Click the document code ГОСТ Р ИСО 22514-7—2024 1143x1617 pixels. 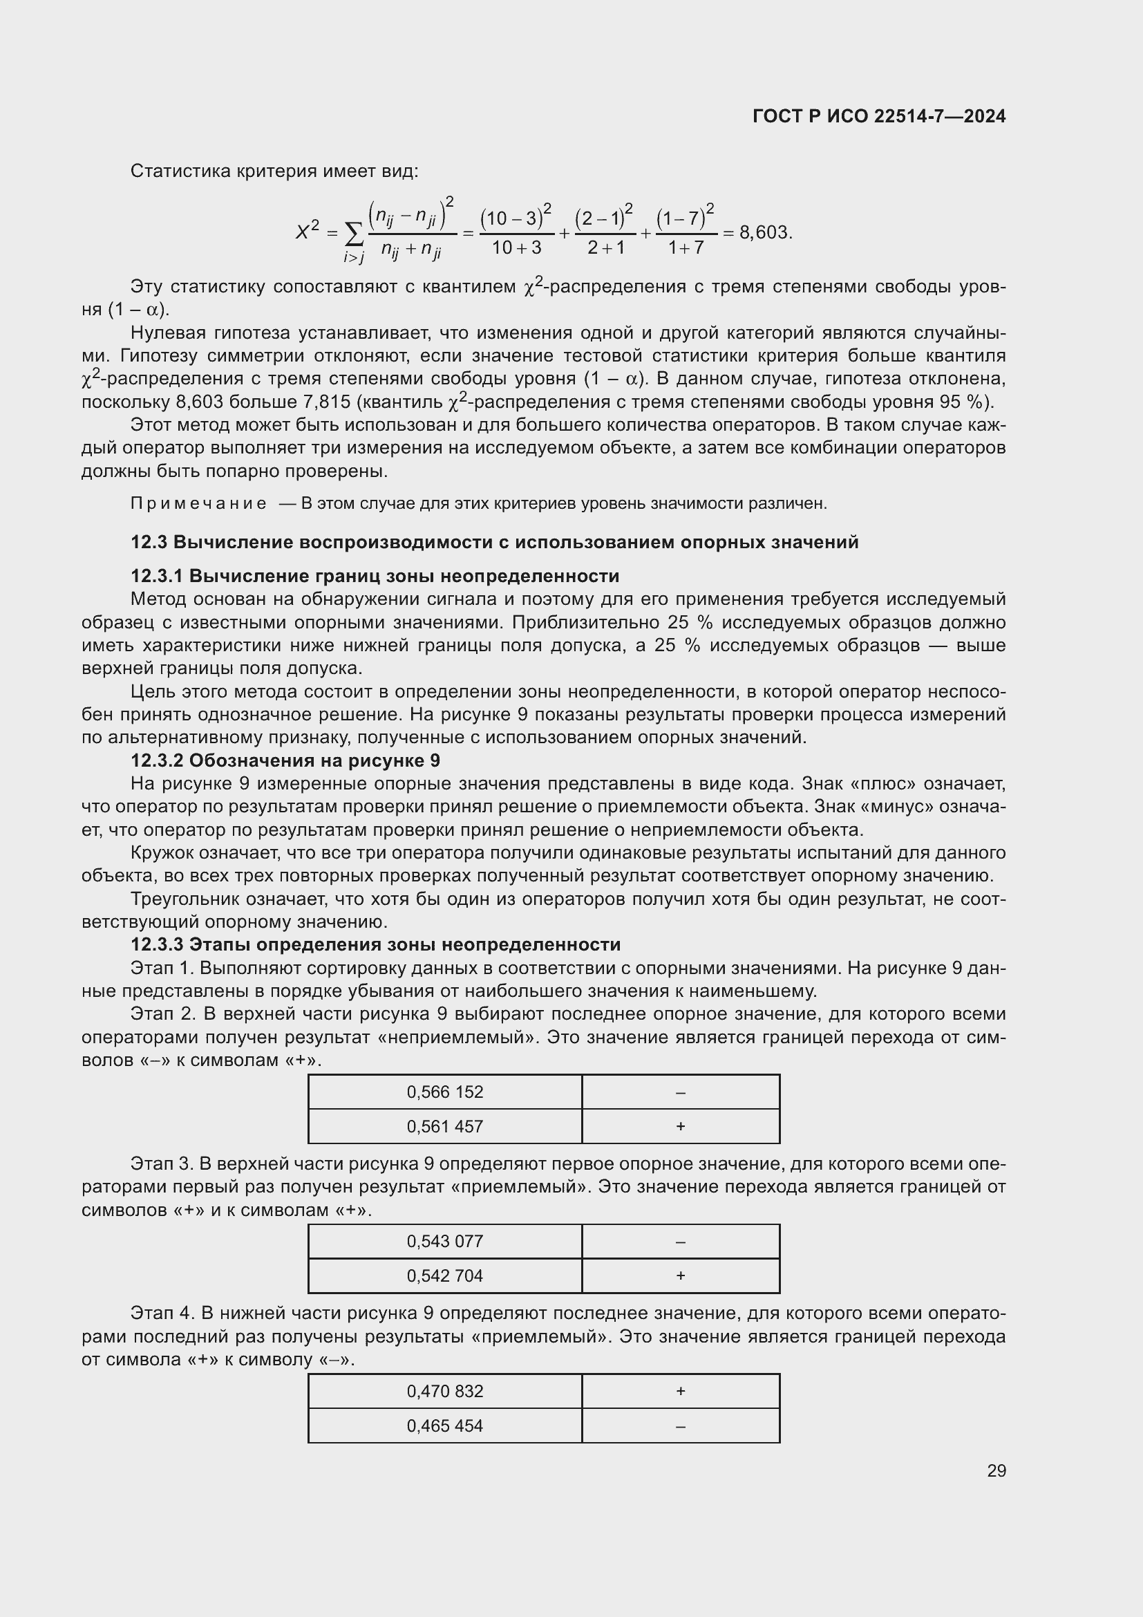coord(878,116)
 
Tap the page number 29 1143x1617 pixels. coord(996,1470)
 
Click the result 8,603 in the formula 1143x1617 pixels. coord(764,232)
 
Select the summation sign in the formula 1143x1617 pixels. coord(355,232)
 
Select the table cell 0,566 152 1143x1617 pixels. coord(445,1092)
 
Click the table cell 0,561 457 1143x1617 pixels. coord(445,1126)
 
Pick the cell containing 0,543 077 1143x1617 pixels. coord(445,1241)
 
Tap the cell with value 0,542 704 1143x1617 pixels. coord(445,1275)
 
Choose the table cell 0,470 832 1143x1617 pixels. coord(445,1391)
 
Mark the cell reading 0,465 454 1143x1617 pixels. coord(445,1426)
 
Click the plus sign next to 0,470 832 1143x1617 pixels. coord(680,1391)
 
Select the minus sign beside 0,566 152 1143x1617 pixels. coord(680,1092)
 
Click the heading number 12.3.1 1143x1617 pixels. coord(156,576)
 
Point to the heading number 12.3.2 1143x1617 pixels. coord(156,760)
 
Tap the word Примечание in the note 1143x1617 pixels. coord(198,503)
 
